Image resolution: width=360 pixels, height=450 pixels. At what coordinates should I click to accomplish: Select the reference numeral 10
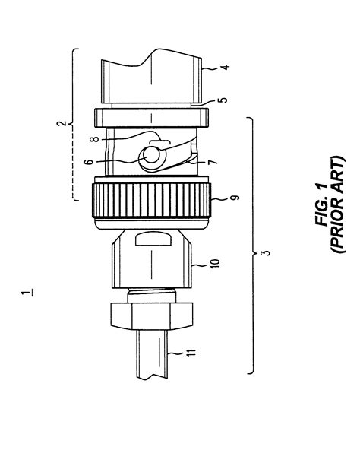(x=220, y=262)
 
